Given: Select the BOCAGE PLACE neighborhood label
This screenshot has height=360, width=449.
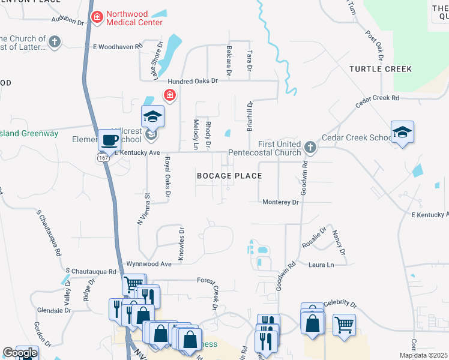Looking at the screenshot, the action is [230, 176].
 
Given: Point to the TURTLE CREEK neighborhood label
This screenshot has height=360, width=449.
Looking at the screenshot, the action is [381, 70].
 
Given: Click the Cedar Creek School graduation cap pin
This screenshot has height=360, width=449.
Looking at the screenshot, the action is [402, 133].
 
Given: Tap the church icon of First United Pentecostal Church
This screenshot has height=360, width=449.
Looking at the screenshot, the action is [310, 147].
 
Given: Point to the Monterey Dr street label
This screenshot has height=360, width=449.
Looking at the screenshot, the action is [280, 203].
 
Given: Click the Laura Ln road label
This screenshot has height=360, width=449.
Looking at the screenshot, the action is [321, 265].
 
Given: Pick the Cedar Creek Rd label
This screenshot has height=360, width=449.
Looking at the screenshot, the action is [377, 100].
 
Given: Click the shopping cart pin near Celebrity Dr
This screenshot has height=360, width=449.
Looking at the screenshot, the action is [344, 325].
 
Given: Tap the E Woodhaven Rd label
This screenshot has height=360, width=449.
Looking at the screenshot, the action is [118, 46].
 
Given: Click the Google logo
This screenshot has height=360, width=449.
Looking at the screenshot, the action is [19, 353].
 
